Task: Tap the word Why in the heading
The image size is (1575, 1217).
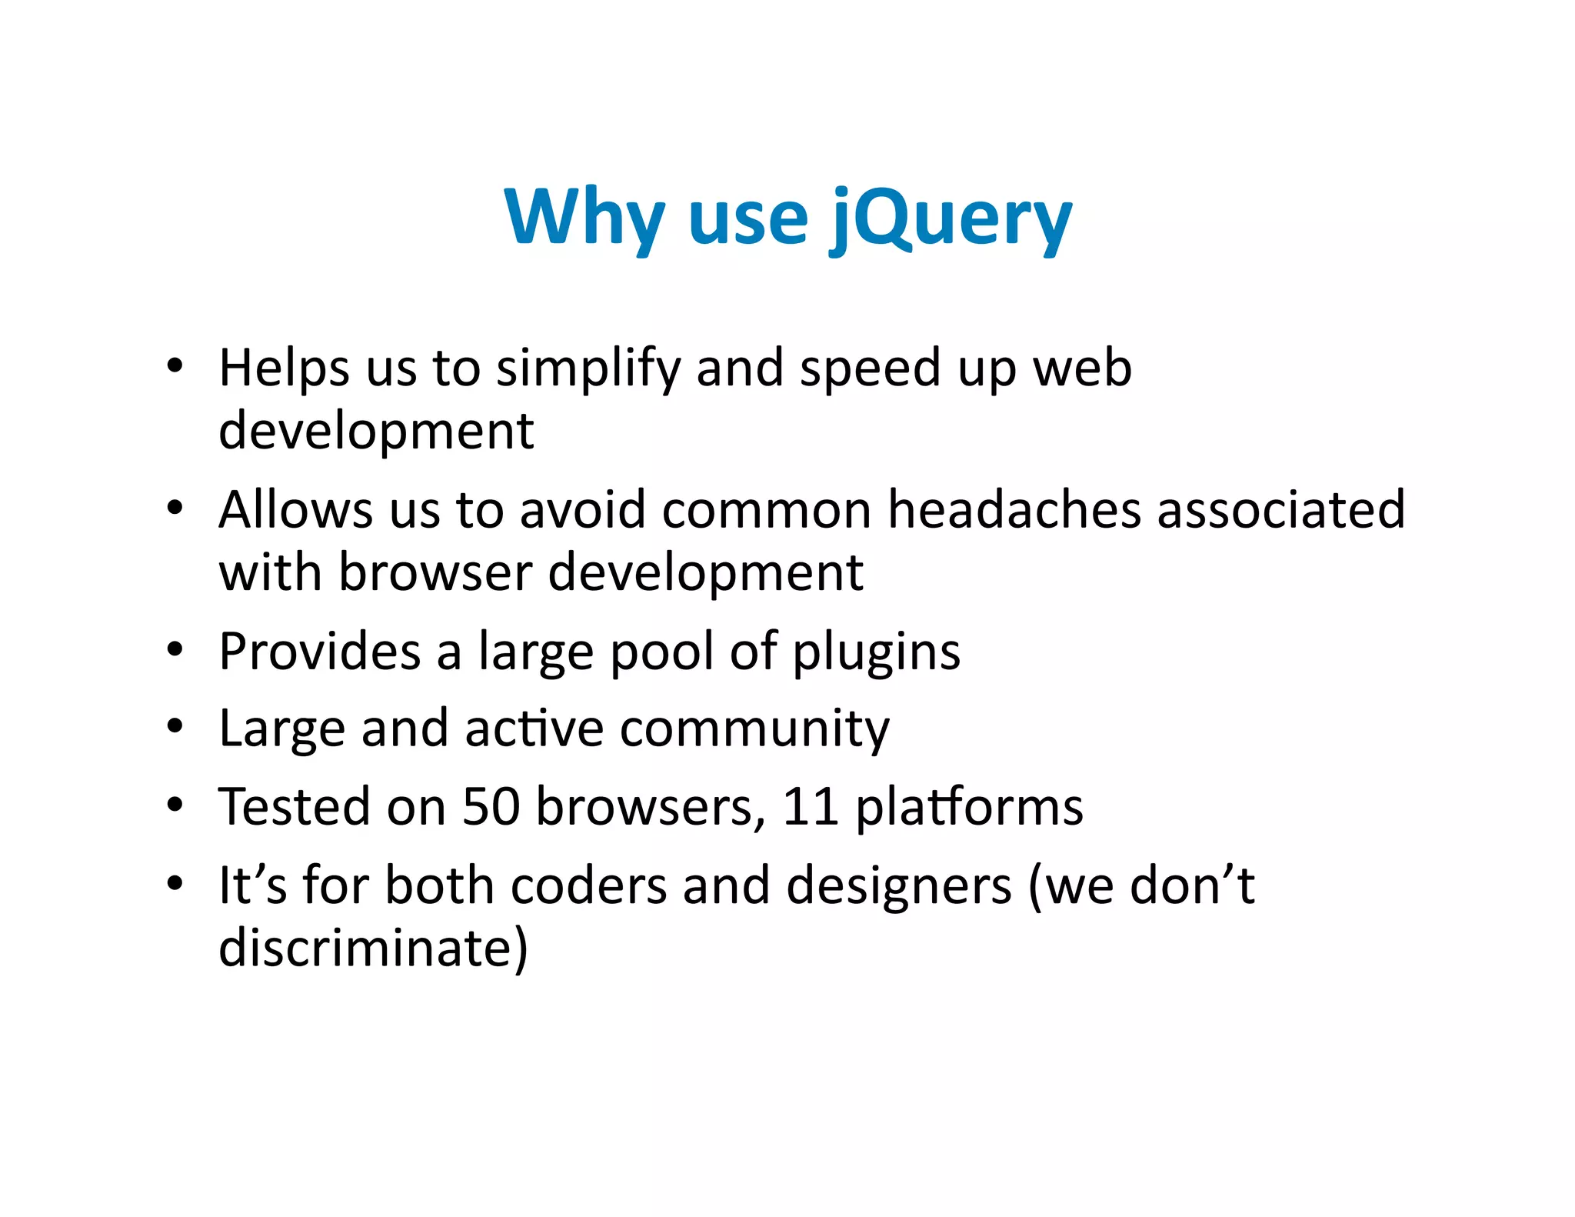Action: (x=584, y=218)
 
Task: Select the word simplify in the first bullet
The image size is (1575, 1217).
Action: (x=588, y=369)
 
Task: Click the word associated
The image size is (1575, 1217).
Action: (x=1281, y=509)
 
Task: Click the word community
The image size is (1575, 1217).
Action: (x=754, y=729)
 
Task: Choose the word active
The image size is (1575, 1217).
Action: (x=534, y=728)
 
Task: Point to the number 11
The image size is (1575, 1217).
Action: (x=810, y=807)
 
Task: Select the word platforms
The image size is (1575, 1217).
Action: (x=969, y=809)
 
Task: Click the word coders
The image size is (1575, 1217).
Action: (x=588, y=885)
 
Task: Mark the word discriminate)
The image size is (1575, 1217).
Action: (x=374, y=948)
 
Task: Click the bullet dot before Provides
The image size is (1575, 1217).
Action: (x=175, y=650)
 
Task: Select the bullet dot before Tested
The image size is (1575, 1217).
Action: (x=175, y=805)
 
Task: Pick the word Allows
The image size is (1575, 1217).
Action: (x=295, y=509)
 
